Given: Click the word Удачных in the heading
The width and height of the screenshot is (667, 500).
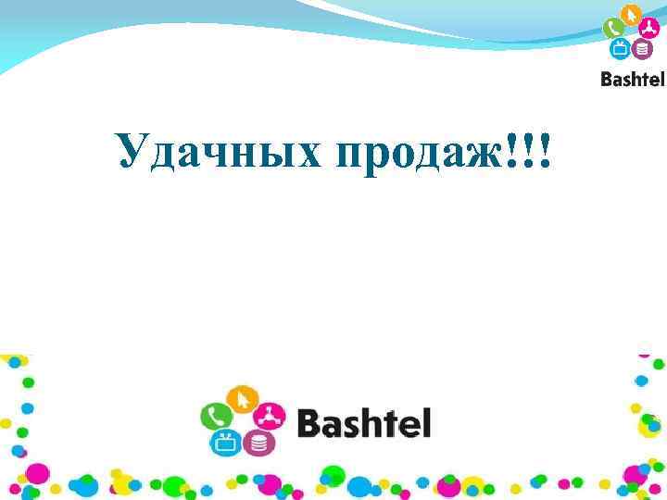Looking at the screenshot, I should coord(217,151).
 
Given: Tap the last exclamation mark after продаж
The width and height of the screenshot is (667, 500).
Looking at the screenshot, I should coord(543,148).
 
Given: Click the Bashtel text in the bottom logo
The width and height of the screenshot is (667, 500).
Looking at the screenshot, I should coord(364,425).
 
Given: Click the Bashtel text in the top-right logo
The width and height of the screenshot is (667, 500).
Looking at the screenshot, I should coord(633,80).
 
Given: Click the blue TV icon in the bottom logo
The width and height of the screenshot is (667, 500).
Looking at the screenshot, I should coord(226,443).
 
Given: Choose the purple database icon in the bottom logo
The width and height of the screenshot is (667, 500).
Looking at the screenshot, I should coord(258,444).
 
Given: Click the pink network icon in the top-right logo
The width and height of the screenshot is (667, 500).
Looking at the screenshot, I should coord(650,29).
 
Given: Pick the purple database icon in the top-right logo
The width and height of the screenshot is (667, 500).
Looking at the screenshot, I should coord(642,49).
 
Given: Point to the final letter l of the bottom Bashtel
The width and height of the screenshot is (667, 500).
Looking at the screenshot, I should coord(426,423).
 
